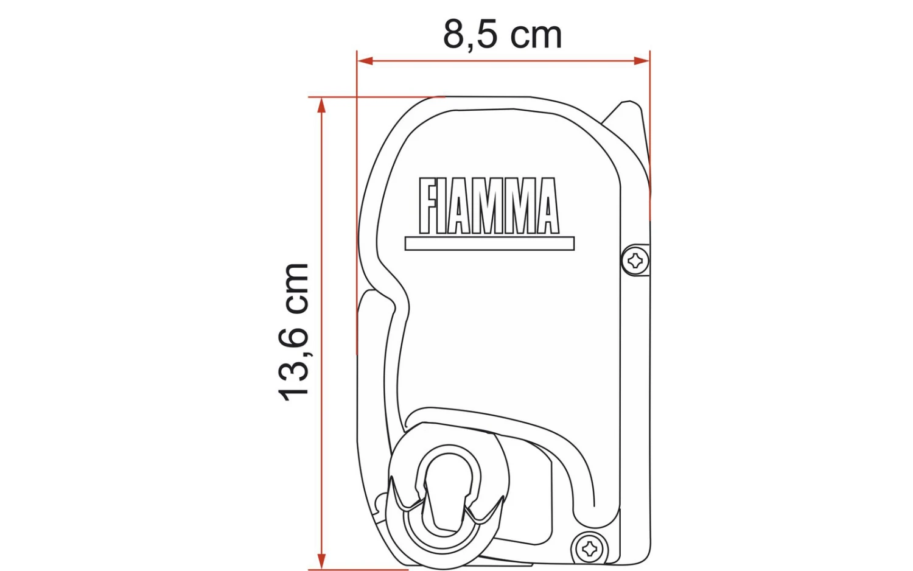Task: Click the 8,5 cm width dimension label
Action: pos(502,34)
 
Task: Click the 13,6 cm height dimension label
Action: pos(294,332)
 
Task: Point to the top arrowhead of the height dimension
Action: pos(322,105)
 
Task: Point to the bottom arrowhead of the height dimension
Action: pos(322,561)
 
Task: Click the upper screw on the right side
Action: pos(636,261)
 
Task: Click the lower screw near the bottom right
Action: pos(589,549)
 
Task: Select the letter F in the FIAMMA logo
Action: pos(429,206)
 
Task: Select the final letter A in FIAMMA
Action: pos(546,206)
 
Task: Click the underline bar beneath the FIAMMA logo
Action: pos(489,243)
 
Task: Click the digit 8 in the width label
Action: pos(453,35)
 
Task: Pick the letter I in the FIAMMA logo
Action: pos(443,206)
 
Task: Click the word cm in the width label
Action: pos(536,36)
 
